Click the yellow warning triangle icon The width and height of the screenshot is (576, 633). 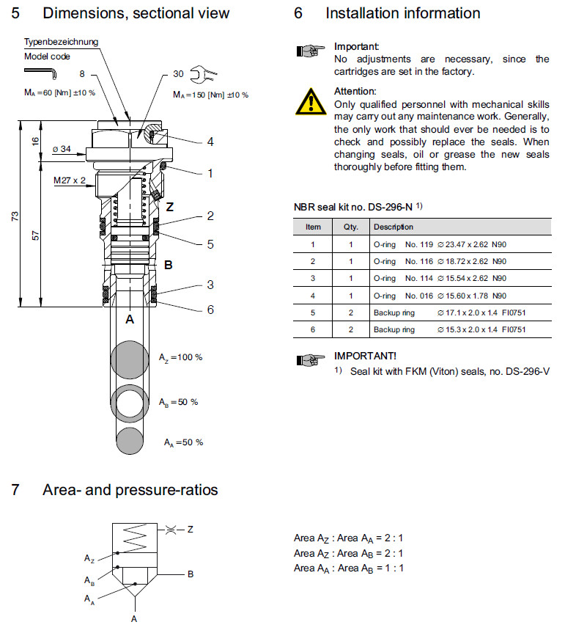pyautogui.click(x=311, y=100)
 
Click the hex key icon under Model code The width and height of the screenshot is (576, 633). pyautogui.click(x=43, y=72)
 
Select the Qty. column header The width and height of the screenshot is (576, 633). pyautogui.click(x=350, y=227)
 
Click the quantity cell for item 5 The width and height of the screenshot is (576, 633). pyautogui.click(x=350, y=312)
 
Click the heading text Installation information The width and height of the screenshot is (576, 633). pyautogui.click(x=402, y=13)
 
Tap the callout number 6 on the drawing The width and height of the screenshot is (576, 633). pyautogui.click(x=210, y=310)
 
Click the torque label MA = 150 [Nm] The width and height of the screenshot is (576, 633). pyautogui.click(x=210, y=95)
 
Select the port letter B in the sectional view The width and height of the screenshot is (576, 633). pyautogui.click(x=168, y=266)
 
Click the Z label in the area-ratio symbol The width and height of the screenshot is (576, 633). pyautogui.click(x=190, y=528)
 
